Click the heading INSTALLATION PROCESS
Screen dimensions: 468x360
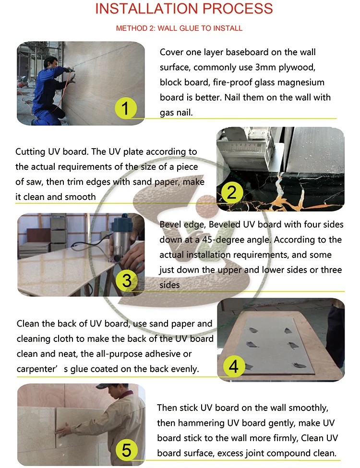point(184,9)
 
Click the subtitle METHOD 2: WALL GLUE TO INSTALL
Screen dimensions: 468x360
point(179,28)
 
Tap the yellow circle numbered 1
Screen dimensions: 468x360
point(125,109)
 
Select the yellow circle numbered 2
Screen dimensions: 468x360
point(232,193)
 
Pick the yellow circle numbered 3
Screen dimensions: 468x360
point(126,280)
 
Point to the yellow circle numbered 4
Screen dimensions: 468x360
point(233,367)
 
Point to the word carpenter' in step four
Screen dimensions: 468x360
point(37,369)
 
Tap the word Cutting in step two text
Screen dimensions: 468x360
point(31,152)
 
